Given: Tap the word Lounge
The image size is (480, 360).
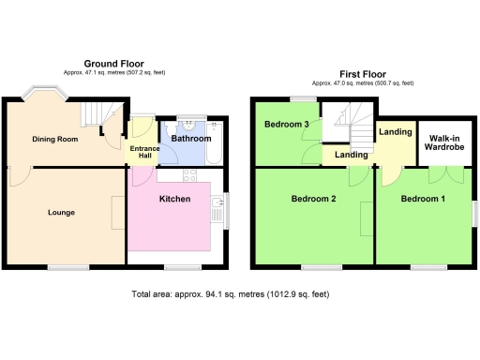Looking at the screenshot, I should pyautogui.click(x=62, y=213).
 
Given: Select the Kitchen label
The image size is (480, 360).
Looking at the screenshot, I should pyautogui.click(x=175, y=200).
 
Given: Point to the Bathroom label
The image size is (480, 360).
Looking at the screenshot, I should pyautogui.click(x=191, y=138).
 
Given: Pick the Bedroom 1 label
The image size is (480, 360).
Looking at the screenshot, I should pyautogui.click(x=423, y=200).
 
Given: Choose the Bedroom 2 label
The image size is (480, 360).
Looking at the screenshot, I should pyautogui.click(x=313, y=200).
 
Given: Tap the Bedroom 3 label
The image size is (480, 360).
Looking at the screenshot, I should pyautogui.click(x=286, y=125).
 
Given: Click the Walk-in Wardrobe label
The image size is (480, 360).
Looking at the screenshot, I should pyautogui.click(x=443, y=142).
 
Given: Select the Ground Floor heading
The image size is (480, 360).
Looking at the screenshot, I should pyautogui.click(x=112, y=62).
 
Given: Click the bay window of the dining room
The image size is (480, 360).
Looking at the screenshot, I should pyautogui.click(x=43, y=94).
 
